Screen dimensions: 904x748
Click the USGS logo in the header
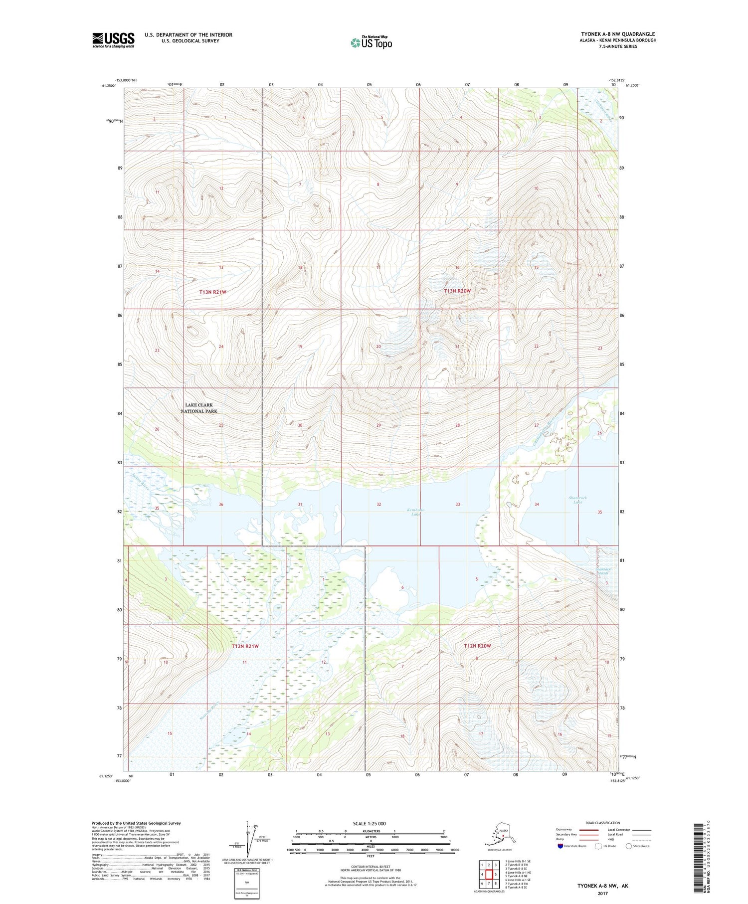[113, 40]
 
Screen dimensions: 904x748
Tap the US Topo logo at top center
[371, 42]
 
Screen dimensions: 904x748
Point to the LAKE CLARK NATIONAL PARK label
[199, 408]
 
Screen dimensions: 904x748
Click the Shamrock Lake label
[577, 500]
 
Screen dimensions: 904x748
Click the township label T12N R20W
[477, 646]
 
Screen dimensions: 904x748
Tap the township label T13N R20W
[457, 291]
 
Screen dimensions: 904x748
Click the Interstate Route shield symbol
[560, 846]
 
